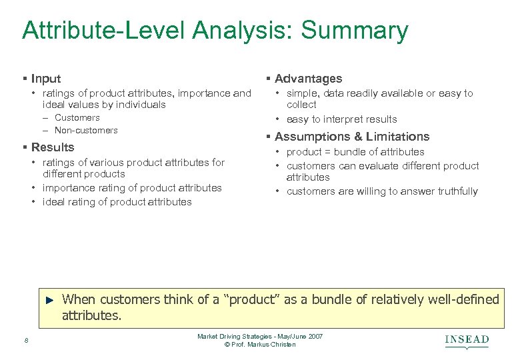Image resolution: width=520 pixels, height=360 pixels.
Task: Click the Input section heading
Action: coord(46,79)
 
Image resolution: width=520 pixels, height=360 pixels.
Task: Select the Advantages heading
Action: coord(308,79)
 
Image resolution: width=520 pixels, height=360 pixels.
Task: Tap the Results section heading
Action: coord(53,147)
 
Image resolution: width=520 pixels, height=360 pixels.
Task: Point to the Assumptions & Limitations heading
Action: coord(352,137)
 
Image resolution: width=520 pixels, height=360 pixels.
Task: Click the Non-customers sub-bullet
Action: coord(86,131)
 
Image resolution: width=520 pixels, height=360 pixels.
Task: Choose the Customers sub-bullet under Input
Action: coord(77,118)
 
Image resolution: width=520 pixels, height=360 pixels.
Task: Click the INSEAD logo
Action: coord(467,341)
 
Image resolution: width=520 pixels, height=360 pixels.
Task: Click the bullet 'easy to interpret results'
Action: coord(341,119)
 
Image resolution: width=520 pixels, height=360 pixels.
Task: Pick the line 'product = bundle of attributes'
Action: coord(355,152)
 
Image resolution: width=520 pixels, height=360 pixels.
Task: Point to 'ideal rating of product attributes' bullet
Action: coord(117,202)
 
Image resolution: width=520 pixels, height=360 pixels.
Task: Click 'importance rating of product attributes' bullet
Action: coord(132,188)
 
